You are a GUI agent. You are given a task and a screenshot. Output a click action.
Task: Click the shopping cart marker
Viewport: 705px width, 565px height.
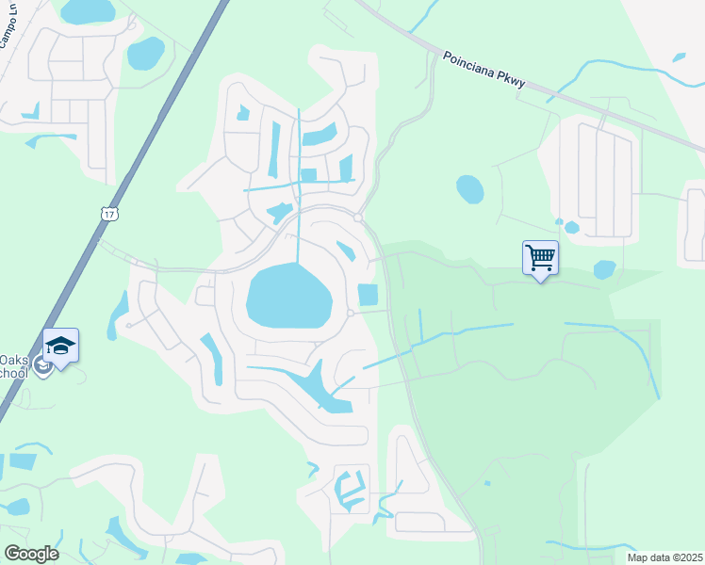tap(540, 258)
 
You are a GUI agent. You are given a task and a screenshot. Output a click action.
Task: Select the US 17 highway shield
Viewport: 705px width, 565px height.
tap(109, 214)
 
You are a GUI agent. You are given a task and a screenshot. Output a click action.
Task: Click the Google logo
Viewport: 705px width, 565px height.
tap(31, 554)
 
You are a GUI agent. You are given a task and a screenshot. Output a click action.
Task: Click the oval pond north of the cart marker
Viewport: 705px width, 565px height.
tap(469, 189)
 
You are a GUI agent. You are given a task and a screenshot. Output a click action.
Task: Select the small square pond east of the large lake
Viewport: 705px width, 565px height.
tap(368, 295)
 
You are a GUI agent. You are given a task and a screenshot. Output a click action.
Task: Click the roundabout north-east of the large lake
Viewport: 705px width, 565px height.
tap(359, 218)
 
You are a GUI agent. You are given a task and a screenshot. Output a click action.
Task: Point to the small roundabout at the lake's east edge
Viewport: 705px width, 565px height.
tap(350, 314)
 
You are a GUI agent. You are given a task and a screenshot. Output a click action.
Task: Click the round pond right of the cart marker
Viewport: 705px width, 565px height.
tap(604, 269)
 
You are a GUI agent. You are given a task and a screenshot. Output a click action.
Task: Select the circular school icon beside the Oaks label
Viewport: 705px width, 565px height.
tap(41, 364)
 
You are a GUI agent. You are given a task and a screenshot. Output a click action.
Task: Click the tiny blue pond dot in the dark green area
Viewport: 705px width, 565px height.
tap(486, 483)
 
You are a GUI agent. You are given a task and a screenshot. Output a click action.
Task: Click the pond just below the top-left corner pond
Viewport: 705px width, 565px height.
tap(145, 54)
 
